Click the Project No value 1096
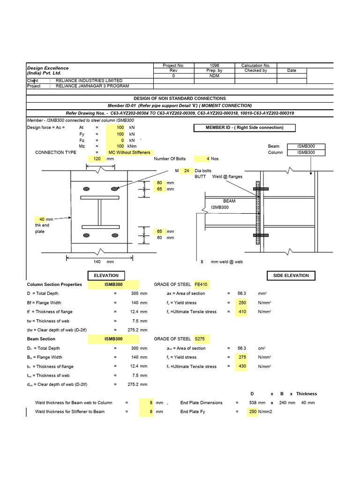(214, 66)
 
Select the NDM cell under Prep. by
(214, 75)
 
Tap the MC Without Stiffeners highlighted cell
(129, 152)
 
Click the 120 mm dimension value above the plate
(97, 159)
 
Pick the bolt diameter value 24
(186, 171)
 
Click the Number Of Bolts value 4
(202, 159)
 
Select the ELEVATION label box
(106, 276)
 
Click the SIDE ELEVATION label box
(291, 276)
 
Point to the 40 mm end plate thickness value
(42, 219)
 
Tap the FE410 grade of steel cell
(201, 285)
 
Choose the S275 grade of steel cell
(200, 339)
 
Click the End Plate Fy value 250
(252, 412)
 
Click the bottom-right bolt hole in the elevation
(114, 235)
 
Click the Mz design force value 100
(120, 146)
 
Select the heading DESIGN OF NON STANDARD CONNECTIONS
(180, 98)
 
